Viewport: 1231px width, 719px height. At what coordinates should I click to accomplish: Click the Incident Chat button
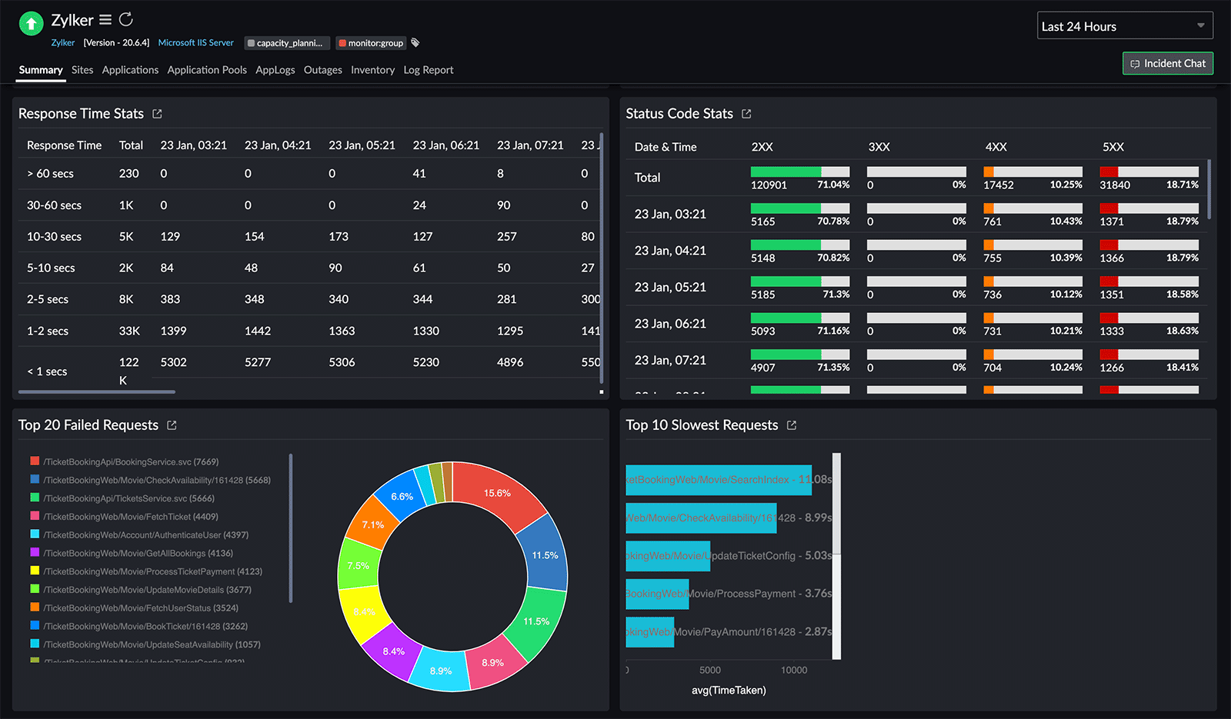1167,63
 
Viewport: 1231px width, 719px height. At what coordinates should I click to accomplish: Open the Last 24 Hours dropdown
1124,26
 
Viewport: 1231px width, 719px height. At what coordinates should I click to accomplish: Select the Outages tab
322,70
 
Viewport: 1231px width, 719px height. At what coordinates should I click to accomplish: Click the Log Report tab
428,70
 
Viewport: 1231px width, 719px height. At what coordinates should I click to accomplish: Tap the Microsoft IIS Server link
195,43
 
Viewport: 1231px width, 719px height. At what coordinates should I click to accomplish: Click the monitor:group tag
371,43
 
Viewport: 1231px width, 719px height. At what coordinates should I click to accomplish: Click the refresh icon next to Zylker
126,19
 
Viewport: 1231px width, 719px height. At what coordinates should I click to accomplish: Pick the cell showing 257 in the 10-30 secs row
506,237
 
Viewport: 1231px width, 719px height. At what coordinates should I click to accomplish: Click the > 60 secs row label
50,174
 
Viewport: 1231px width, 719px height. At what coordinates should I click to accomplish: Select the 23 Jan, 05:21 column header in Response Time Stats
362,145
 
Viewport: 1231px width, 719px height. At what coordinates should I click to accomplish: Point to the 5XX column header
1113,147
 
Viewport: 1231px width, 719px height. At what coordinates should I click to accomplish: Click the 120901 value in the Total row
768,185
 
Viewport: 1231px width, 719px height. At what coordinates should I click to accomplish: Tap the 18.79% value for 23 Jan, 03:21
1182,221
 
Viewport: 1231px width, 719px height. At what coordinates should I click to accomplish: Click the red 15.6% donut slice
498,492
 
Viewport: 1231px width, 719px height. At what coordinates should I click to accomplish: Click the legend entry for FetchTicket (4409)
130,517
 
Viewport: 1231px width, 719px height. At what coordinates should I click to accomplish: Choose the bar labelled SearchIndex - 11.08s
719,479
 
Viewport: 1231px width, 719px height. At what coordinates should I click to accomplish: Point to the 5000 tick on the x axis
709,671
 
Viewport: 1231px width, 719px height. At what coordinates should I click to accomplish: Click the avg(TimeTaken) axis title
729,691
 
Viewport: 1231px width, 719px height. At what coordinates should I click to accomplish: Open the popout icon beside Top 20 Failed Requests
172,425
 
